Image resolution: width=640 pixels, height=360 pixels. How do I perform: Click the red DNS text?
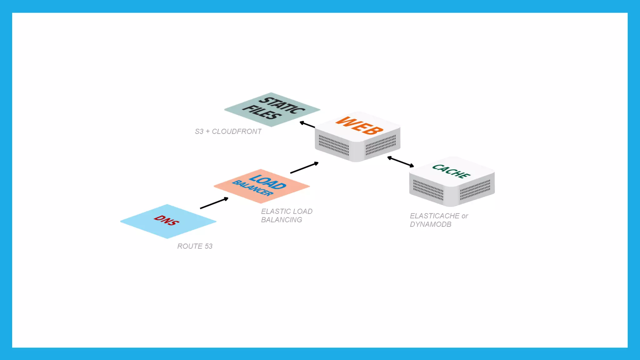point(167,220)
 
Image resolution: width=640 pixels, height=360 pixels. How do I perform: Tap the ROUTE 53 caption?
point(195,246)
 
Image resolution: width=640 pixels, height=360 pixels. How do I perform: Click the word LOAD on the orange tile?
point(268,182)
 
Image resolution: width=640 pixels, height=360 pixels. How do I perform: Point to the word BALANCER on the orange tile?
point(252,188)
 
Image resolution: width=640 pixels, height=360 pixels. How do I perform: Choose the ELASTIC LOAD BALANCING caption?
point(287,216)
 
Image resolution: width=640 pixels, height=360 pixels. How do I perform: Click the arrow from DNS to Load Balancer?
point(214,203)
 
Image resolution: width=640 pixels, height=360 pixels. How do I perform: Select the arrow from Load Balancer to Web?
point(304,168)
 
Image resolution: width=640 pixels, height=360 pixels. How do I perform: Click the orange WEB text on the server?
point(359,126)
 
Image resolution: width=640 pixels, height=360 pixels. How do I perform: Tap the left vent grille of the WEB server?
point(334,145)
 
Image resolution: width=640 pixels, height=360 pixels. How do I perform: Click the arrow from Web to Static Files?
point(307,125)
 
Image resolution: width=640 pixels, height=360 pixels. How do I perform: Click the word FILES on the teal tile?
point(262,112)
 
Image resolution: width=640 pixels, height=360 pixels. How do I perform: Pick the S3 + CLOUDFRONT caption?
point(228,132)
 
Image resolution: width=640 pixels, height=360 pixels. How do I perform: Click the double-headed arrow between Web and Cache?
point(401,162)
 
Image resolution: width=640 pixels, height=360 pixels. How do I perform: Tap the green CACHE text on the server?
point(451,171)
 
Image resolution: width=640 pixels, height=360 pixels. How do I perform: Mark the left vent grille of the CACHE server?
point(428,190)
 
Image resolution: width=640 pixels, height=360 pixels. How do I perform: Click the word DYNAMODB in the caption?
point(431,224)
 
